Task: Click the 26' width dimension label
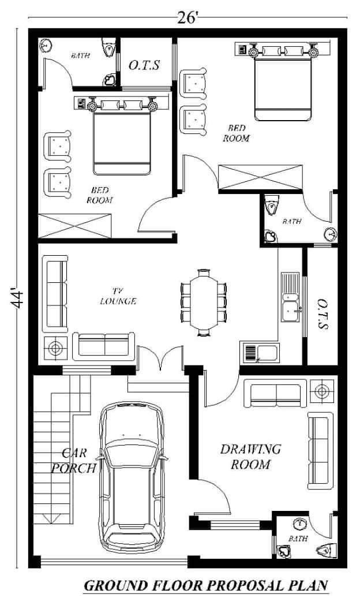pyautogui.click(x=187, y=18)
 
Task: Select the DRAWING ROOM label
pyautogui.click(x=250, y=457)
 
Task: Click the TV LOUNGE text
pyautogui.click(x=118, y=296)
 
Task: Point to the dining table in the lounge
pyautogui.click(x=204, y=303)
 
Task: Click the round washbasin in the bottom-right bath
pyautogui.click(x=299, y=524)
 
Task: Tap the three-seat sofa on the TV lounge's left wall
pyautogui.click(x=55, y=294)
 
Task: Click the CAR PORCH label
pyautogui.click(x=74, y=460)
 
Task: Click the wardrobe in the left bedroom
pyautogui.click(x=75, y=225)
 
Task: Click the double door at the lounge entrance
pyautogui.click(x=160, y=359)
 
